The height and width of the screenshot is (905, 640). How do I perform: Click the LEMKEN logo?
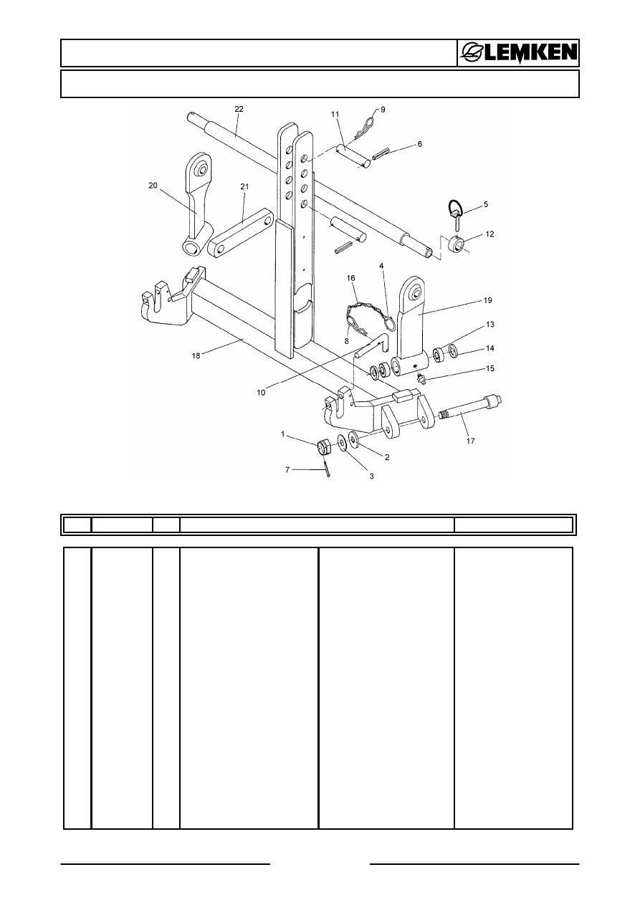click(x=518, y=53)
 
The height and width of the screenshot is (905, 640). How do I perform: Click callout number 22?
click(x=239, y=108)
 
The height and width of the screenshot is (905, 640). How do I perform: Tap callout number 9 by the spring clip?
click(x=383, y=109)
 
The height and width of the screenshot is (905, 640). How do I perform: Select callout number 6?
click(x=419, y=144)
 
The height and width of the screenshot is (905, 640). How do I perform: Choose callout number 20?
click(x=153, y=185)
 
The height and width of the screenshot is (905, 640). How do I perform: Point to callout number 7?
click(x=288, y=469)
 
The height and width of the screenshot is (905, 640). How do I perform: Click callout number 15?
click(x=470, y=368)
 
